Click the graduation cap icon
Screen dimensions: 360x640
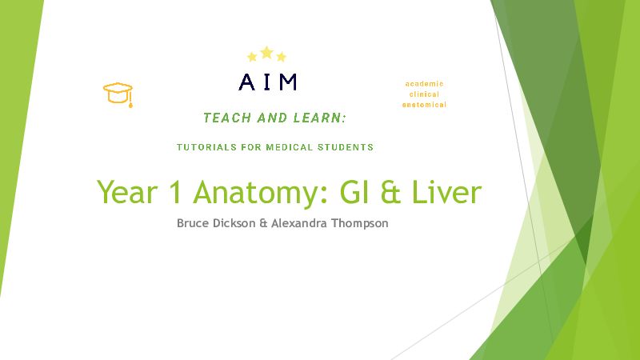pos(118,94)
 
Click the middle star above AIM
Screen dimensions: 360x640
pos(266,53)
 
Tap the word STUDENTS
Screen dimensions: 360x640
pos(346,147)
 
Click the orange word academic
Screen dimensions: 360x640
pos(424,84)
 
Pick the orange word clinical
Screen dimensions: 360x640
pos(424,94)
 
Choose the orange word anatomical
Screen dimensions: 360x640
pos(424,105)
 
